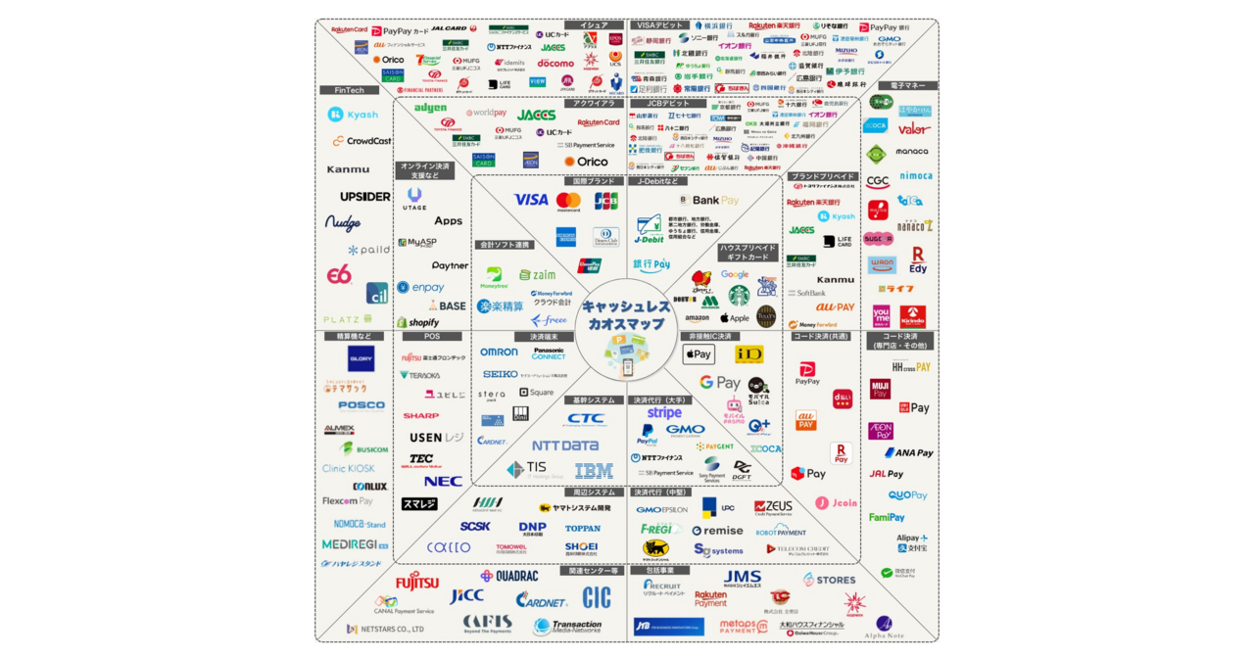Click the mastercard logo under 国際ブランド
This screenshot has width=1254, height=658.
coord(568,201)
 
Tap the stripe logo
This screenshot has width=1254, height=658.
coord(664,413)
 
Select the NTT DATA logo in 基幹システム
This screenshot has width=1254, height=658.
coord(565,446)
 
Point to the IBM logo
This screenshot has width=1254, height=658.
coord(594,471)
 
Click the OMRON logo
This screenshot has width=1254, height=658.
coord(499,352)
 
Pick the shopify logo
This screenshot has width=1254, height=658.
coord(418,322)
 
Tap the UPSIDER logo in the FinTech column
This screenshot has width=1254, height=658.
coord(365,196)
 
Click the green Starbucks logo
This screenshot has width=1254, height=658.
coord(739,295)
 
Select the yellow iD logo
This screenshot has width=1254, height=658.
coord(748,354)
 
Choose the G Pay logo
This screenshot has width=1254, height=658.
coord(719,383)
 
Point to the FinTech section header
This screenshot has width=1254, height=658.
coord(349,90)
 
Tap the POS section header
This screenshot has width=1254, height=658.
coord(431,336)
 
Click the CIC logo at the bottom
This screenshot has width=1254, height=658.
coord(597,596)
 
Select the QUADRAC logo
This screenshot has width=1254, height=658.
coord(509,576)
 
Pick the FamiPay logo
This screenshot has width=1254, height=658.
coord(887,517)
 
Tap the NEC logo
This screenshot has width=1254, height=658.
coord(443,481)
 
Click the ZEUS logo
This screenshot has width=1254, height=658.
coord(773,506)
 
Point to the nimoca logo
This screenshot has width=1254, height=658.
coord(916,176)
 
